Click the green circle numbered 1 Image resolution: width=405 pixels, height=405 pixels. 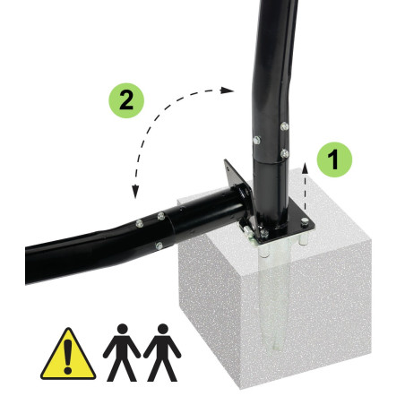334,159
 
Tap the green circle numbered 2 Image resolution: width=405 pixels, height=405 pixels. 126,100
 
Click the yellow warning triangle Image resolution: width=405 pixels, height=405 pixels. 68,354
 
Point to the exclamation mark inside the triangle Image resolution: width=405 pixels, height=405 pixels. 68,356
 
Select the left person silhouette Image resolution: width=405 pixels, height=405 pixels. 122,352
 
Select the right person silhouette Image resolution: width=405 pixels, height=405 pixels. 162,352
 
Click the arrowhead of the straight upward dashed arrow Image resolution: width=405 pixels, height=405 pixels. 305,168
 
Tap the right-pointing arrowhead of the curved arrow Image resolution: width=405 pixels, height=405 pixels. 227,90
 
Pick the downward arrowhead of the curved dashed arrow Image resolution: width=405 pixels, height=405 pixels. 135,192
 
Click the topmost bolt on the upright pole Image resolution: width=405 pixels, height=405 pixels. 284,126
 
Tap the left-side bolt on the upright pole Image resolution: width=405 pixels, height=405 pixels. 256,140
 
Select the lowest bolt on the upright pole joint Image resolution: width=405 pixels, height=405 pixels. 284,154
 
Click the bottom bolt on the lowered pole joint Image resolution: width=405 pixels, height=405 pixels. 159,246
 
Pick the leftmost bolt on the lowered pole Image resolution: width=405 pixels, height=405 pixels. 139,223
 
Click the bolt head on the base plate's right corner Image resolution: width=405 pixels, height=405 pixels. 305,221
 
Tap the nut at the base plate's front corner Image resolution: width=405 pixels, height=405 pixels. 263,234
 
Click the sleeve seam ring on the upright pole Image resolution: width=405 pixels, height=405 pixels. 270,160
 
